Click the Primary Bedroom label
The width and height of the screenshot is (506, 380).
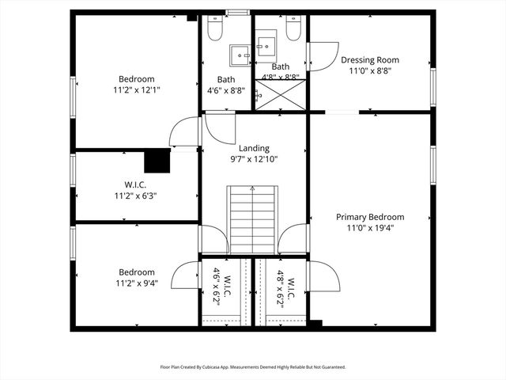click(370, 217)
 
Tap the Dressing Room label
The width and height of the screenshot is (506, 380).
click(370, 59)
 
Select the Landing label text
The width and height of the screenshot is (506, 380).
click(254, 148)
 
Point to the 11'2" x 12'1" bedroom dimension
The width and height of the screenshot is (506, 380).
click(136, 90)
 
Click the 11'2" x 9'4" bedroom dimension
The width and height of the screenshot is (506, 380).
click(136, 283)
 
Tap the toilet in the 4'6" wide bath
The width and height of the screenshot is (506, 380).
click(213, 29)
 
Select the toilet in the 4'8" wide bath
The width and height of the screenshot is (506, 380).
click(293, 29)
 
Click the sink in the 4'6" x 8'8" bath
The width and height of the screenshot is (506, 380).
click(240, 55)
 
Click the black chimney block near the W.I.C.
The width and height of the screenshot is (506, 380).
click(157, 161)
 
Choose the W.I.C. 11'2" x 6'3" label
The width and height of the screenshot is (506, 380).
click(136, 190)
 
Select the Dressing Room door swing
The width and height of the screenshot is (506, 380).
click(323, 55)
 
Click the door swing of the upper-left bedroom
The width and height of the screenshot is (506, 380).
click(186, 131)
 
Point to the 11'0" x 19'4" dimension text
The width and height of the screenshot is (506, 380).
click(370, 228)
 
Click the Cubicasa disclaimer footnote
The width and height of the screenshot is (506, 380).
click(253, 367)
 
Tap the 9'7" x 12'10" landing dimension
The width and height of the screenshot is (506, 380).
click(254, 159)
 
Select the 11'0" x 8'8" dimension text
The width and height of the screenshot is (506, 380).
click(370, 70)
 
